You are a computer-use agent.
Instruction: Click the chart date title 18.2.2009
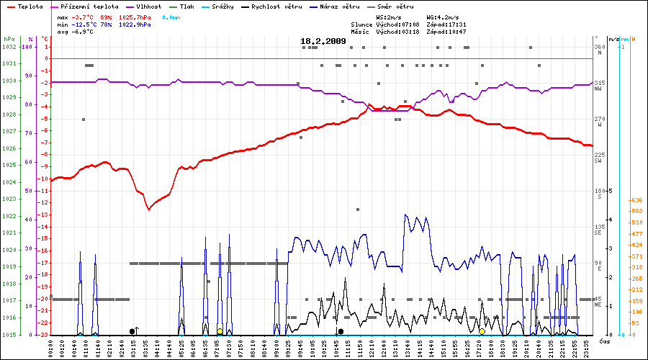point(323,41)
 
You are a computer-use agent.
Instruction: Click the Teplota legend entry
point(26,6)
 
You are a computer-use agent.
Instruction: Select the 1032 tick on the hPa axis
point(9,47)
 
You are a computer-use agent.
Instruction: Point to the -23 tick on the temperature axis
point(45,335)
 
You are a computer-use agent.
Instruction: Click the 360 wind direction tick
point(598,47)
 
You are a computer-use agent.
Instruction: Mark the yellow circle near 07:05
point(219,331)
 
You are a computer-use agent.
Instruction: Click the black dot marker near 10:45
point(341,331)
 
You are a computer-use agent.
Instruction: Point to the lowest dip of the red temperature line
point(149,209)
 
